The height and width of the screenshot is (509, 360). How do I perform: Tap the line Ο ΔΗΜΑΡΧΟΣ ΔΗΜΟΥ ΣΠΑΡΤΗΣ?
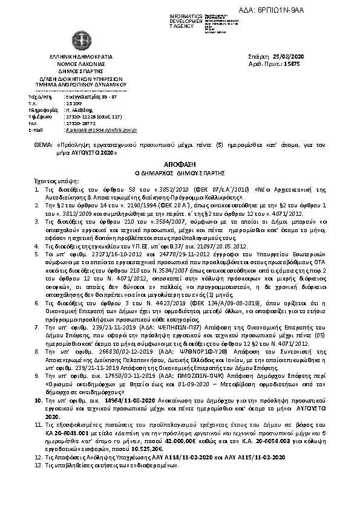(180, 172)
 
